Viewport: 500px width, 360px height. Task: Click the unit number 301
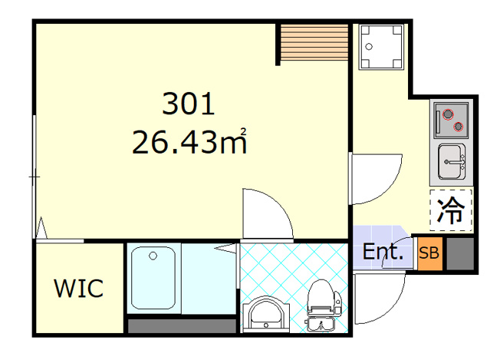point(189,104)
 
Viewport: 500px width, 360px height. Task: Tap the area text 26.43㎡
point(189,141)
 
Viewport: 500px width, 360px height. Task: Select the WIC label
point(79,288)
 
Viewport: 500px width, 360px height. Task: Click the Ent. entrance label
point(383,252)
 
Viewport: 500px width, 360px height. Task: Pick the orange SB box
point(429,253)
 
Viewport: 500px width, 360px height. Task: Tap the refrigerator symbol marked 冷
point(451,210)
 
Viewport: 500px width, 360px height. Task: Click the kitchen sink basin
point(451,161)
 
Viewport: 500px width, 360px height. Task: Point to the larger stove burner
point(448,114)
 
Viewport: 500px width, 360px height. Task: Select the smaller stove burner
point(459,127)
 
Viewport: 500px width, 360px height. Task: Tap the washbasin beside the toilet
point(266,315)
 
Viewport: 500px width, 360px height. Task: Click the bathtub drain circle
point(153,256)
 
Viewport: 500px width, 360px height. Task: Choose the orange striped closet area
point(314,41)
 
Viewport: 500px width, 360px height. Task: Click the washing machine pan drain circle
point(369,47)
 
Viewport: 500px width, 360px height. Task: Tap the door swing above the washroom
point(281,204)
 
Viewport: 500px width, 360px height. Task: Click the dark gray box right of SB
point(460,253)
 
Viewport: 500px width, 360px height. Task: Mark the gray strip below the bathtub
point(182,326)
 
